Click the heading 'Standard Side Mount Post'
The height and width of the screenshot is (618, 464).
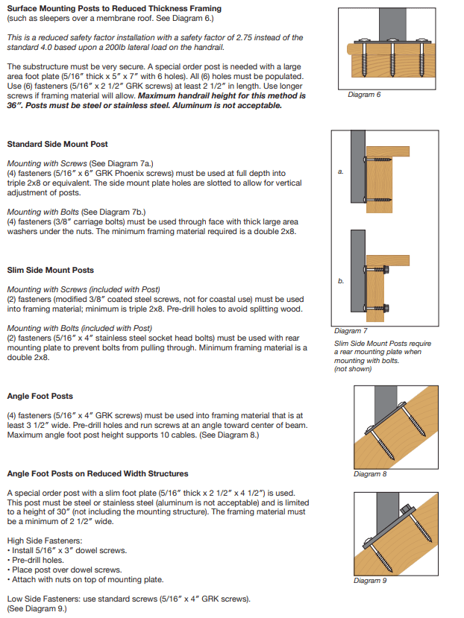pos(57,144)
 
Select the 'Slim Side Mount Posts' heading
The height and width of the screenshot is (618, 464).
pos(51,270)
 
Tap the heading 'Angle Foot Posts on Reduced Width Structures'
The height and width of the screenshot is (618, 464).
pos(98,473)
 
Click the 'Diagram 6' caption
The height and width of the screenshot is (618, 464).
pos(364,95)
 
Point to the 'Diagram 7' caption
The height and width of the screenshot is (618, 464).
pos(351,330)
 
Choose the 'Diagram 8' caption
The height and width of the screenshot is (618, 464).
pos(370,474)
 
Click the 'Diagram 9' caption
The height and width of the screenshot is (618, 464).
pos(370,581)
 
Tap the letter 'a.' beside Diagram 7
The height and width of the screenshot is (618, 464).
pos(341,171)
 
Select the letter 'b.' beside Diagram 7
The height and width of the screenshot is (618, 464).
pos(341,281)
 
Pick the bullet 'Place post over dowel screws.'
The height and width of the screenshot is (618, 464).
pos(59,570)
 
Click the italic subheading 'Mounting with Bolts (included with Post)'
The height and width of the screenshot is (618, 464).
pos(79,328)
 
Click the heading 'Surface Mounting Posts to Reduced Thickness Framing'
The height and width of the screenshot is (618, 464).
pos(114,8)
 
